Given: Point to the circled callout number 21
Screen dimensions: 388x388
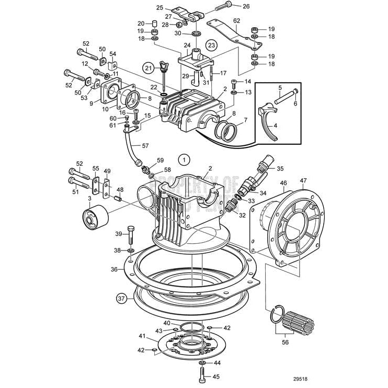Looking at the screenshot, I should point(149,67).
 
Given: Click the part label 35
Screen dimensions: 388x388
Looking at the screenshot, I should point(280,169).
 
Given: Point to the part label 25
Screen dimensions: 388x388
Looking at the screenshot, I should point(160,8).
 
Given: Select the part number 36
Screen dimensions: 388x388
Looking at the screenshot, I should point(113,270).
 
